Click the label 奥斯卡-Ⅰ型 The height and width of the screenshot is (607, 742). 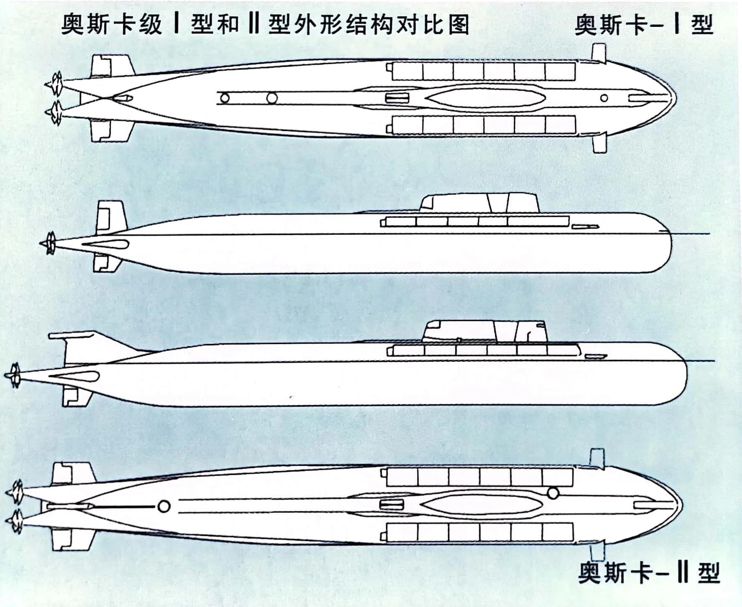coord(644,25)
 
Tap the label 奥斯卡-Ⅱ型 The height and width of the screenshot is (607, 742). coord(649,572)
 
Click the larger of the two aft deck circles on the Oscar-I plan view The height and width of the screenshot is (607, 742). coord(272,98)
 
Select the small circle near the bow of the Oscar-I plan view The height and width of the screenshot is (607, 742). coord(604,98)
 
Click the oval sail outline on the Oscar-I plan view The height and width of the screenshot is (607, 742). coord(485,98)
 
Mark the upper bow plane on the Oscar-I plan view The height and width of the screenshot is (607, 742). coord(599,54)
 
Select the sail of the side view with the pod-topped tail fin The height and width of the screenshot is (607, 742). coord(485,332)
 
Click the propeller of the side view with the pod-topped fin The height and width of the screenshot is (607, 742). coord(14,375)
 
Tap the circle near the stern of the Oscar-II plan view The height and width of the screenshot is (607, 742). coord(164,507)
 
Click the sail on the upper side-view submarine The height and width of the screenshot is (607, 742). coord(480,204)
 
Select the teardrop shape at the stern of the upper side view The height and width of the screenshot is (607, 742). coord(107,245)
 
